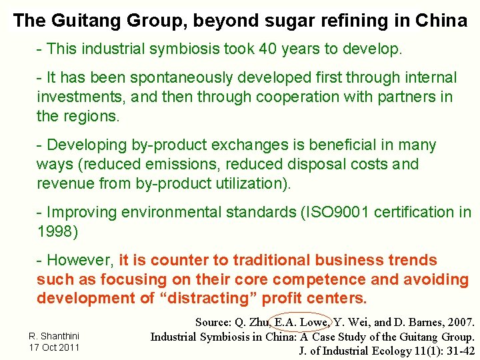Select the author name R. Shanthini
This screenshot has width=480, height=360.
point(54,335)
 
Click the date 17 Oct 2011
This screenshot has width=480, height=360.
point(54,347)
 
